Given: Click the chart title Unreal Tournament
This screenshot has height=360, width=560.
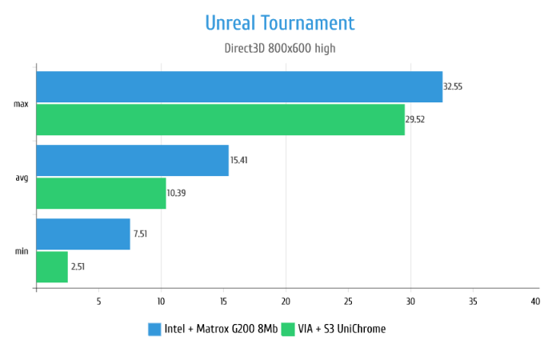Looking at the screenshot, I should tap(279, 22).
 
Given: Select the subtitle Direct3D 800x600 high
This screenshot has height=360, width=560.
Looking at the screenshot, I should tap(279, 48).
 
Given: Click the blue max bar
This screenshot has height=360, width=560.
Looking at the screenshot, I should tap(239, 86).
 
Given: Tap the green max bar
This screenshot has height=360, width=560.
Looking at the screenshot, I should tap(220, 119).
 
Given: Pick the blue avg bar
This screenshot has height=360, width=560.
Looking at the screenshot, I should tap(132, 160).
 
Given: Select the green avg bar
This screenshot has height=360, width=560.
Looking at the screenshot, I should tap(101, 193).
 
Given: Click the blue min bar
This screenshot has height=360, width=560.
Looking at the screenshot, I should tap(83, 234).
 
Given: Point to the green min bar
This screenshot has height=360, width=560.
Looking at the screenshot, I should tap(52, 266).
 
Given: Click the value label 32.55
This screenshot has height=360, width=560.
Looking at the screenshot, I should tap(454, 86).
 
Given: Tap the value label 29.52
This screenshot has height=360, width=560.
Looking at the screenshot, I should tap(416, 119).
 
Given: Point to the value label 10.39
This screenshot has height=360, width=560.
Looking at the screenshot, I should tap(177, 193).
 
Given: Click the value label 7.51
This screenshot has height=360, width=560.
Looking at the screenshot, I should tap(141, 234).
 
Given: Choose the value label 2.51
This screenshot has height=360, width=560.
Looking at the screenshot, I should tap(78, 266).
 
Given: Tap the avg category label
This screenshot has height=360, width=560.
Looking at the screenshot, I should tap(22, 178).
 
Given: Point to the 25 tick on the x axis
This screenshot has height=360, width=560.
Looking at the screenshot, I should tap(348, 302).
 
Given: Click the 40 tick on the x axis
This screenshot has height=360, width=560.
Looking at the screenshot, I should tap(535, 302).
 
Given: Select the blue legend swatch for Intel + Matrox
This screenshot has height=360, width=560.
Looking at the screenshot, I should tap(155, 329).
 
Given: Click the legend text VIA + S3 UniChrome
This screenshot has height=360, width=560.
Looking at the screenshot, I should tap(342, 329).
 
